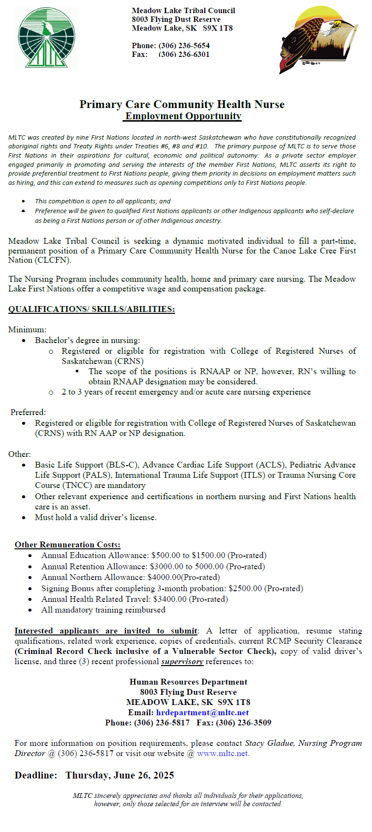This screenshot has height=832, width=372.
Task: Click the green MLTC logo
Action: pyautogui.click(x=47, y=38)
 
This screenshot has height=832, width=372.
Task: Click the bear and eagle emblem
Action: pyautogui.click(x=319, y=39)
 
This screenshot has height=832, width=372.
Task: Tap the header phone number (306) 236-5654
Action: pyautogui.click(x=184, y=46)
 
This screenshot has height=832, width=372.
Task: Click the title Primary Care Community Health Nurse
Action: pyautogui.click(x=182, y=105)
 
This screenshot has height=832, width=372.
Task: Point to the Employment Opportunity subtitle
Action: pyautogui.click(x=183, y=116)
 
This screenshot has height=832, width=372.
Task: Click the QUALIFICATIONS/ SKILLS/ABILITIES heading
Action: pyautogui.click(x=91, y=309)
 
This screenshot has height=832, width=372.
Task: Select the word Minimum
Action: pyautogui.click(x=27, y=330)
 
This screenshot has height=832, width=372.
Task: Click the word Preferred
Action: pyautogui.click(x=28, y=413)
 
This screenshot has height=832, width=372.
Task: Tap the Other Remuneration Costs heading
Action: pyautogui.click(x=68, y=545)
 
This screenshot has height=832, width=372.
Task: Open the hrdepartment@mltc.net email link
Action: pyautogui.click(x=202, y=713)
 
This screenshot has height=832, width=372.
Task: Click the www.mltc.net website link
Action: pyautogui.click(x=223, y=754)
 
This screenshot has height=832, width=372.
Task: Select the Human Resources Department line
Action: pyautogui.click(x=188, y=682)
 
